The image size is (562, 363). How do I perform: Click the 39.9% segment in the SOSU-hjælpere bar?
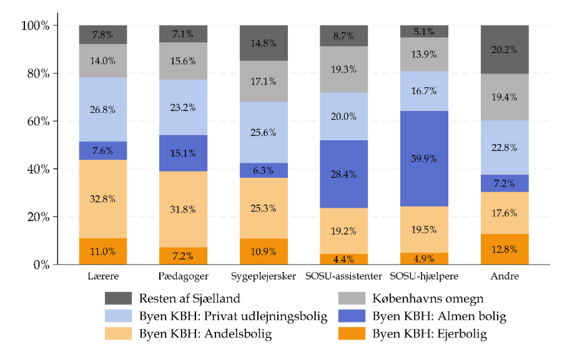pyautogui.click(x=424, y=158)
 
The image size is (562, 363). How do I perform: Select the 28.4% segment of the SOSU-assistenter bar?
pyautogui.click(x=343, y=174)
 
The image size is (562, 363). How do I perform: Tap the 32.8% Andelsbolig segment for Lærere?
pyautogui.click(x=103, y=199)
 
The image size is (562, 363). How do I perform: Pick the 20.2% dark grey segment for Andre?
pyautogui.click(x=504, y=50)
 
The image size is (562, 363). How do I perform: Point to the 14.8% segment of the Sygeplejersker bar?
pyautogui.click(x=264, y=43)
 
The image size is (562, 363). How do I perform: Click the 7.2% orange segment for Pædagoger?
pyautogui.click(x=183, y=256)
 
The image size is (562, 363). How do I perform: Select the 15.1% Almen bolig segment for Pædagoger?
pyautogui.click(x=183, y=153)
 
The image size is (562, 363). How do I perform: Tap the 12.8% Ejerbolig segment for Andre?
pyautogui.click(x=504, y=249)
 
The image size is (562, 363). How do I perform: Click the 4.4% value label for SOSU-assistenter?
pyautogui.click(x=343, y=259)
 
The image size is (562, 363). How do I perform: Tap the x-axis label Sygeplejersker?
pyautogui.click(x=264, y=275)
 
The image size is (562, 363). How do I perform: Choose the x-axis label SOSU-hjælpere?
pyautogui.click(x=424, y=275)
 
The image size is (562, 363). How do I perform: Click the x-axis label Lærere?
pyautogui.click(x=103, y=275)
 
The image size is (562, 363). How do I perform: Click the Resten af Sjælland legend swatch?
pyautogui.click(x=118, y=299)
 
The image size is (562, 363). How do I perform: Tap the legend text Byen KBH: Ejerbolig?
pyautogui.click(x=430, y=334)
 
